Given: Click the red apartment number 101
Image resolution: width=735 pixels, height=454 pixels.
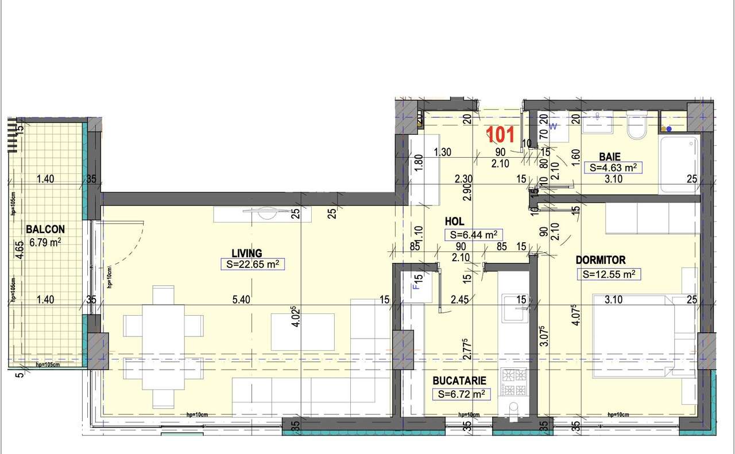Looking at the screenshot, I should [501, 135].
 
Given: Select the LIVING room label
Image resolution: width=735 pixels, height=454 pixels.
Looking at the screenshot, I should [246, 253].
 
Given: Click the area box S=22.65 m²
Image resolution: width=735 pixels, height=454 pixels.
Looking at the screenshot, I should [253, 265].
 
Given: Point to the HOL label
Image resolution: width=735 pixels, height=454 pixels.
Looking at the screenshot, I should [454, 221].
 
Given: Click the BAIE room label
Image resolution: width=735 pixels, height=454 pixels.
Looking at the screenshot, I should [609, 156].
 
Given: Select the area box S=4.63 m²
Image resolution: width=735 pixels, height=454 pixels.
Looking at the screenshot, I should [613, 168].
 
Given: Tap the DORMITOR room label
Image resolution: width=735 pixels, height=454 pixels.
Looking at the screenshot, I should [601, 260].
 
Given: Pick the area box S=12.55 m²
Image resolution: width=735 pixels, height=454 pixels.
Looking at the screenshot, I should [609, 274].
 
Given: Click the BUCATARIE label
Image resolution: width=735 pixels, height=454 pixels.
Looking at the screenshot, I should [459, 381].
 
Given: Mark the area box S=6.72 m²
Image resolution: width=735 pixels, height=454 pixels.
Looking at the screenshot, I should [461, 394].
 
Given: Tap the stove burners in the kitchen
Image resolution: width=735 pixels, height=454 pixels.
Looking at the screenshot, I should [514, 382].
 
